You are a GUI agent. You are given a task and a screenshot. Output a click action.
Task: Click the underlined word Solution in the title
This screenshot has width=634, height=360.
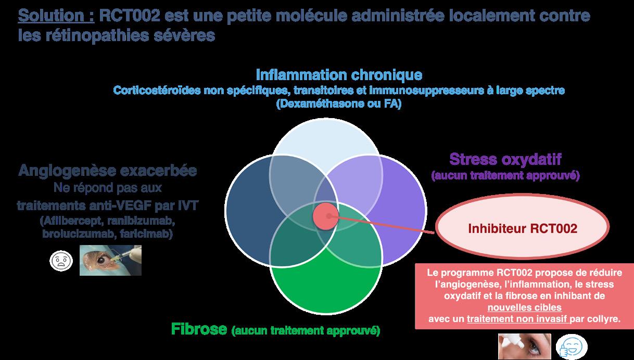pyautogui.click(x=56, y=16)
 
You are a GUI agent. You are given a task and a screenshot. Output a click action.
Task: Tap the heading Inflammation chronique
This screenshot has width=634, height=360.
pyautogui.click(x=338, y=74)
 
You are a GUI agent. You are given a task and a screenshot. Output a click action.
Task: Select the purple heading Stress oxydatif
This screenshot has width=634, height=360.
pyautogui.click(x=505, y=158)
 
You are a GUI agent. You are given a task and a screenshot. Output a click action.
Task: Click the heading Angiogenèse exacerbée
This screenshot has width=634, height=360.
pyautogui.click(x=108, y=171)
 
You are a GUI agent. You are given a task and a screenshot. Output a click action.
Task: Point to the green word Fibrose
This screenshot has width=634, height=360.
pyautogui.click(x=199, y=329)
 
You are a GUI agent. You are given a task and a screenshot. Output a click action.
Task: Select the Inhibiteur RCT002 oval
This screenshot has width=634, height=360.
pyautogui.click(x=522, y=228)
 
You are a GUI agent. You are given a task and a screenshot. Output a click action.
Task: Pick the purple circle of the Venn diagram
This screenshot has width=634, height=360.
pyautogui.click(x=401, y=203)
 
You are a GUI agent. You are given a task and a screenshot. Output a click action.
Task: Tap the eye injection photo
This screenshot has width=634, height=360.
pyautogui.click(x=110, y=260)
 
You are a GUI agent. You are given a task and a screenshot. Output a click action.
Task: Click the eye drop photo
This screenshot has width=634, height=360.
pyautogui.click(x=524, y=346)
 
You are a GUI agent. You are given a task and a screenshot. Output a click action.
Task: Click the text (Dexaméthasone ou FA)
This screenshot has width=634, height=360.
pyautogui.click(x=339, y=104)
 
